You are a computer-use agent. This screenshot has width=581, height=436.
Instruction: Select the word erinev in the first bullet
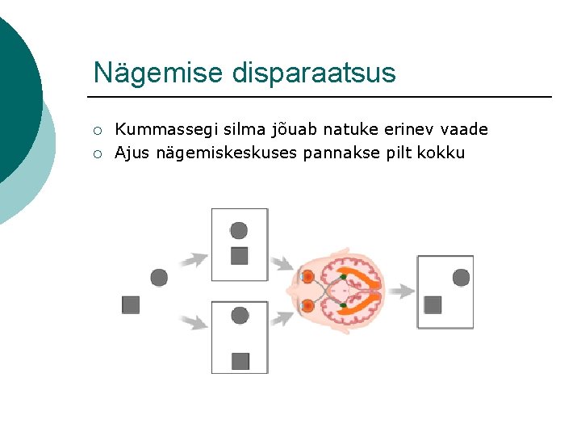[405, 129]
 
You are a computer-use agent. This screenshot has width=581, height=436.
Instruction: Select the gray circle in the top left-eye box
[239, 230]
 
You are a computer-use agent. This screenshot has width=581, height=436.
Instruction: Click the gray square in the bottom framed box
[240, 361]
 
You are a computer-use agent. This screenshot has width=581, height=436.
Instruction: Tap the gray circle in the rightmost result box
[461, 278]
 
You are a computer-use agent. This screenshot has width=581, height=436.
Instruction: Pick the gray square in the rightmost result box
[433, 304]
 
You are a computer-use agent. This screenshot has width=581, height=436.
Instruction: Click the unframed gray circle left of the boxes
[159, 278]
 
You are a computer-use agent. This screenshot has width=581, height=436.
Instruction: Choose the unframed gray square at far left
[131, 304]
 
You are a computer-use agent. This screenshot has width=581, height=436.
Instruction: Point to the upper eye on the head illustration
[307, 277]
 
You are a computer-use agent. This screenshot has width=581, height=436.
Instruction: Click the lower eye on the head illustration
[307, 305]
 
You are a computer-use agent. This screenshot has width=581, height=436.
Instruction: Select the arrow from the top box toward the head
[282, 263]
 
